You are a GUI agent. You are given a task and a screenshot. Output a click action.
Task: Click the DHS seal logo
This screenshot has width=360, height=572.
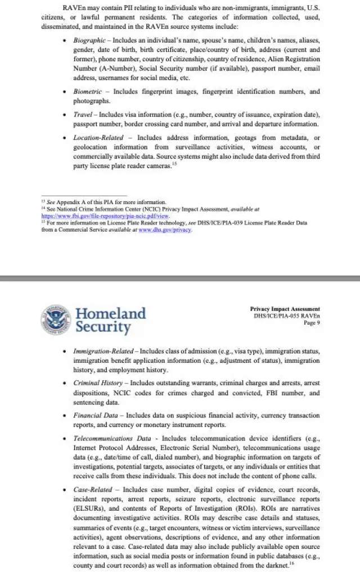(56, 319)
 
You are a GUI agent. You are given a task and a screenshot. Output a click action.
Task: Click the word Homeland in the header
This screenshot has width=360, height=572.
(110, 313)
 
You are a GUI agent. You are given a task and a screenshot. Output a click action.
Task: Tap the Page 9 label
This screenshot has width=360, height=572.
(311, 323)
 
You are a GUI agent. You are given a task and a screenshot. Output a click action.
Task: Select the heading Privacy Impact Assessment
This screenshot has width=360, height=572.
(285, 309)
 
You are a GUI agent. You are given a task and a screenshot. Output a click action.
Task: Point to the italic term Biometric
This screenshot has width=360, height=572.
(87, 91)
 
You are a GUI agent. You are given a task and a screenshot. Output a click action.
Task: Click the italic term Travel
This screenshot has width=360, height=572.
(83, 114)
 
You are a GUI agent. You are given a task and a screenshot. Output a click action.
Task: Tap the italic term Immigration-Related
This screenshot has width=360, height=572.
(103, 351)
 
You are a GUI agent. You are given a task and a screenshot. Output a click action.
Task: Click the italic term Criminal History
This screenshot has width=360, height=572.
(97, 383)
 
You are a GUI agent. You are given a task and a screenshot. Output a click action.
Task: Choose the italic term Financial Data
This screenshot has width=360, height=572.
(95, 415)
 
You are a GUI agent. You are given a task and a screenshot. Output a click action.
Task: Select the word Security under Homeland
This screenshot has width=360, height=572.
(103, 327)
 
